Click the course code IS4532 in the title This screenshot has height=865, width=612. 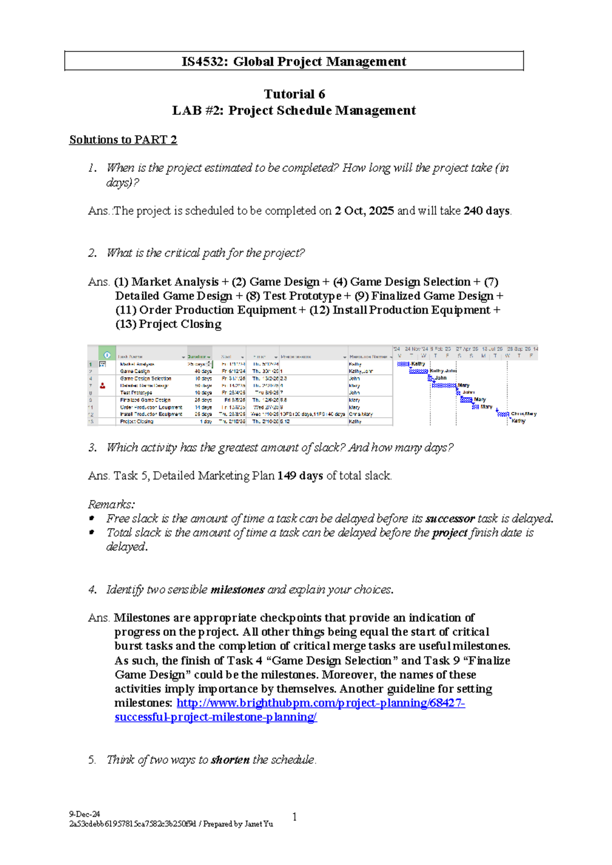coord(205,62)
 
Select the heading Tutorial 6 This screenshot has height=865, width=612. coord(294,94)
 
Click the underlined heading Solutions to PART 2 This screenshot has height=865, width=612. coord(123,140)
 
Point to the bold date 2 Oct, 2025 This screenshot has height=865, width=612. coord(364,211)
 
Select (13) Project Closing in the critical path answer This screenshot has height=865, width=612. coord(168,324)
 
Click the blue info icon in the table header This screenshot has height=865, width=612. coord(107,355)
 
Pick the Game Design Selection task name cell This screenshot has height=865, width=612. coord(145,378)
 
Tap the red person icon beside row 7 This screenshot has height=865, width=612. coord(103,386)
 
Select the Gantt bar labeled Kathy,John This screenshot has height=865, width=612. coord(418,371)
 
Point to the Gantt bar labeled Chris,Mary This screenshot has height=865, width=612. coord(503,414)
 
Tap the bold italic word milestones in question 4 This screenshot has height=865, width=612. coord(237,590)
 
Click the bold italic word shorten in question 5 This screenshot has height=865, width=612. coord(230,760)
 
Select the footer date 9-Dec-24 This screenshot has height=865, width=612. coord(85,814)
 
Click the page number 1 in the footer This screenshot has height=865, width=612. coord(295,817)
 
